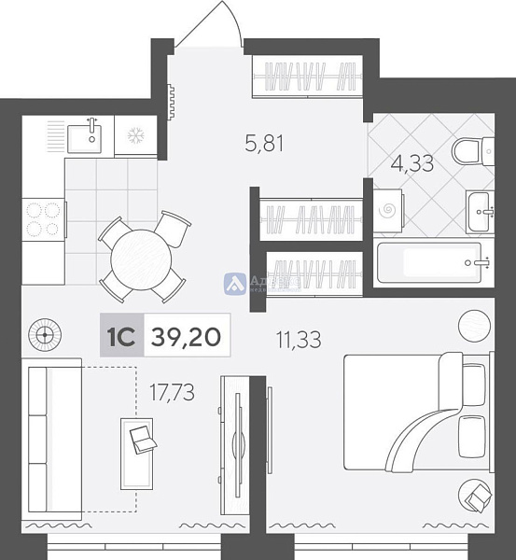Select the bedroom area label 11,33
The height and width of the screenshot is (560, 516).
coord(298,340)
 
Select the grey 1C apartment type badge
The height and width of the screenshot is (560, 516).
coord(122,337)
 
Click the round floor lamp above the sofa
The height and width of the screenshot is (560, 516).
coord(43,333)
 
